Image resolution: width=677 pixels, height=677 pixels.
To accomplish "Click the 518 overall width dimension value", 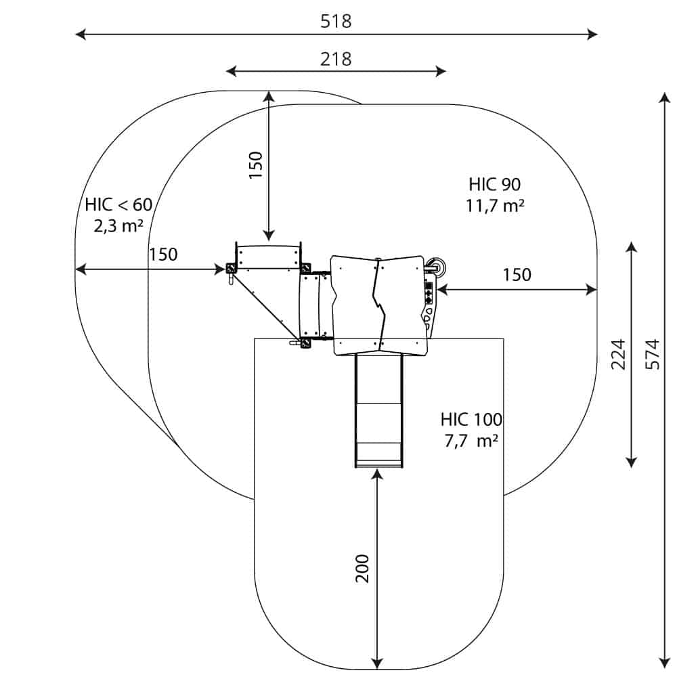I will (336, 21).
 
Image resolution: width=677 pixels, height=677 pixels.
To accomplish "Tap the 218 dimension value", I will (336, 59).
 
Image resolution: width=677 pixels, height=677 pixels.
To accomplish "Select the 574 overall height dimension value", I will (652, 354).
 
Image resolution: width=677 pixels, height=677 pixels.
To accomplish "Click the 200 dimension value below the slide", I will (363, 569).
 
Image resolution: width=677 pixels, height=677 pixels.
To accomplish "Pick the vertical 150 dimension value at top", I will (255, 165).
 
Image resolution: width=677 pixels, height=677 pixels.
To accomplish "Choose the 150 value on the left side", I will (163, 255).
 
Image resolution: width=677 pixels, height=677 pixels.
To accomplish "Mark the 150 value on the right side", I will (517, 274).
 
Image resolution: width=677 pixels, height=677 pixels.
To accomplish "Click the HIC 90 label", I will (494, 184).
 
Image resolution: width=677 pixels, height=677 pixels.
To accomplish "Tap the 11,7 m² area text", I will (495, 206).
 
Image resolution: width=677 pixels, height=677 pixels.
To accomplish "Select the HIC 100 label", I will (471, 418).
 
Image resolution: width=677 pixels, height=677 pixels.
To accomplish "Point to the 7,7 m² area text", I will (471, 441).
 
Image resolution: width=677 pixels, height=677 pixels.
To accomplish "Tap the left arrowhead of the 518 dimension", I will (79, 34).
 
